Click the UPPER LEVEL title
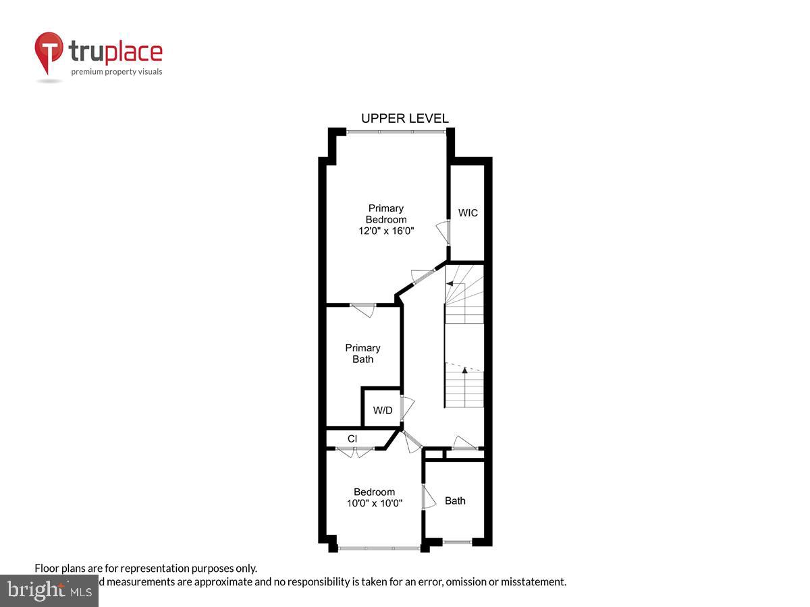[404, 119]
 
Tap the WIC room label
[468, 213]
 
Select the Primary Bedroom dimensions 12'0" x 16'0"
[386, 231]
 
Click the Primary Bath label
[362, 353]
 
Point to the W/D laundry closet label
[383, 410]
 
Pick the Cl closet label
[352, 438]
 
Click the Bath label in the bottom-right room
[455, 500]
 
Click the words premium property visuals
[117, 71]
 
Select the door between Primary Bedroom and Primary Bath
[363, 310]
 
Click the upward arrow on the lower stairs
[464, 370]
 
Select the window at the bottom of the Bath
[457, 542]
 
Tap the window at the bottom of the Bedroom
[379, 548]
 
